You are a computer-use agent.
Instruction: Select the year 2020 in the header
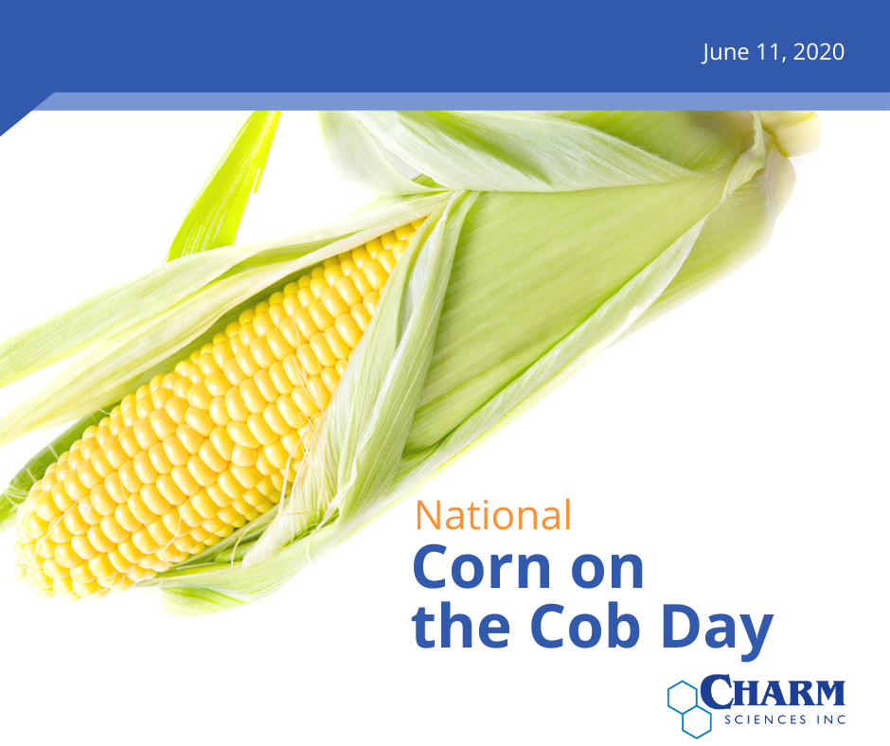(x=818, y=52)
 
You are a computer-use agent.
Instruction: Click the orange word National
(x=492, y=515)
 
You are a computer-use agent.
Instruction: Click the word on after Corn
(x=612, y=571)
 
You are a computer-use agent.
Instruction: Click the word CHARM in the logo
(x=773, y=692)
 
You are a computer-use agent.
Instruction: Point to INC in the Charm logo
(x=831, y=719)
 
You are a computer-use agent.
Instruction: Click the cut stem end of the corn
(x=794, y=132)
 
